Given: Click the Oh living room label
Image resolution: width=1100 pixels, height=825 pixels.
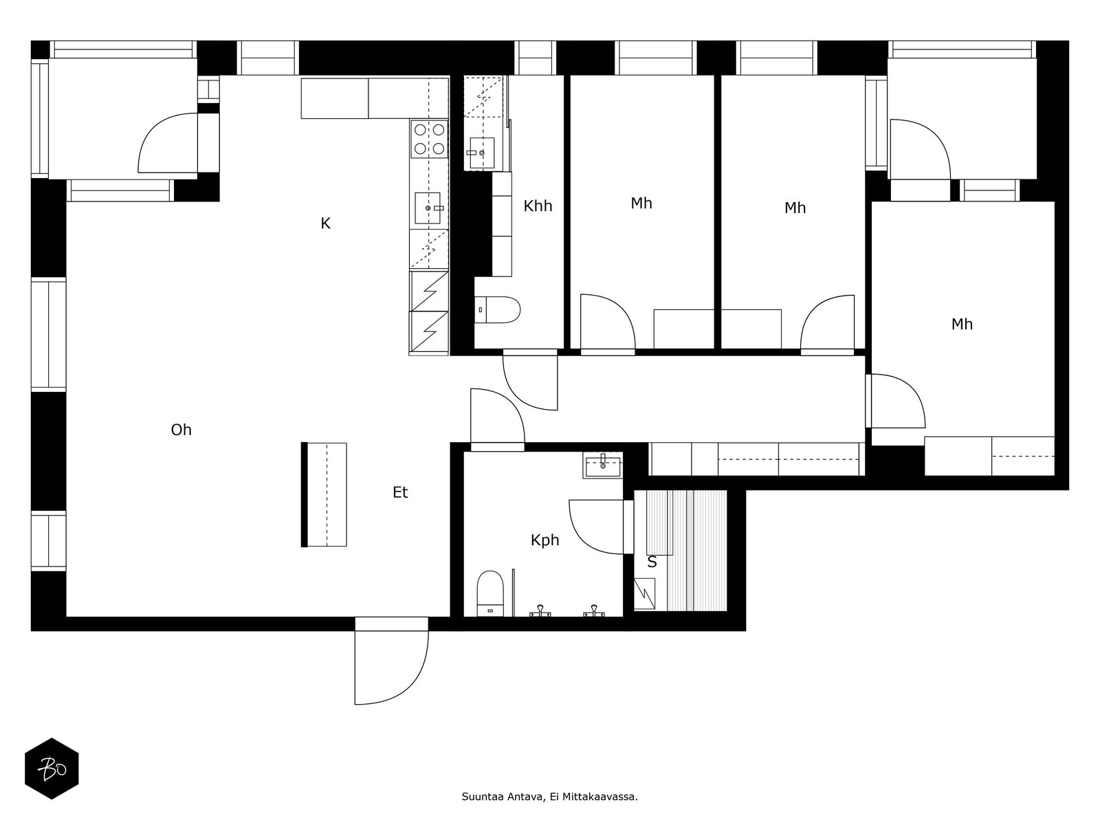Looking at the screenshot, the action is [x=181, y=430].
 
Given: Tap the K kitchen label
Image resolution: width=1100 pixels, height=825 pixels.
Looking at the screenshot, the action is [x=325, y=223].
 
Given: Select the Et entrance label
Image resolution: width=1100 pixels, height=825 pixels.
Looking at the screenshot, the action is [x=400, y=492].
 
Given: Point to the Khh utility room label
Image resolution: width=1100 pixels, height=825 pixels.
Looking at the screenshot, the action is [x=538, y=206].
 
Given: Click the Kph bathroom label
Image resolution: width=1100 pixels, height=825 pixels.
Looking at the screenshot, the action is [x=544, y=540].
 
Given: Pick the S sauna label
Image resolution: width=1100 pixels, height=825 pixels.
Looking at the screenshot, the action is [x=652, y=562].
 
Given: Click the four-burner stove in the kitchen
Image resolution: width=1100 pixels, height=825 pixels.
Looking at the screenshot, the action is [x=429, y=140].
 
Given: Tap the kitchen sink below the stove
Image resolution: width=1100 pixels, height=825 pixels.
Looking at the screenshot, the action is [x=428, y=208].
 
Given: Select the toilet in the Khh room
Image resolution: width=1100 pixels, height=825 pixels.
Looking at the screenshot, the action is [x=496, y=309].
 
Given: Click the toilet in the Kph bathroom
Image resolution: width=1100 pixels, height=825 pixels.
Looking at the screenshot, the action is [x=490, y=593].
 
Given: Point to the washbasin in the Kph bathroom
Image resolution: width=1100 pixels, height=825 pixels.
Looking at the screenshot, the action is [x=602, y=465].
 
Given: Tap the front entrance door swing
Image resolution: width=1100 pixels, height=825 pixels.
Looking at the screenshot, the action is [x=392, y=667].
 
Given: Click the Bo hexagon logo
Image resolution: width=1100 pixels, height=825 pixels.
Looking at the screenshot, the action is [x=52, y=769].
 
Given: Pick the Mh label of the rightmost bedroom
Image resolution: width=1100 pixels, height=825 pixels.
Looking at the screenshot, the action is [x=962, y=324].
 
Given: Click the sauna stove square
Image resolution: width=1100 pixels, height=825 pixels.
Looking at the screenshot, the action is [x=644, y=594].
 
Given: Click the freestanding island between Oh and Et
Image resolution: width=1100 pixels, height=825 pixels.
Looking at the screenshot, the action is [x=324, y=494].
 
